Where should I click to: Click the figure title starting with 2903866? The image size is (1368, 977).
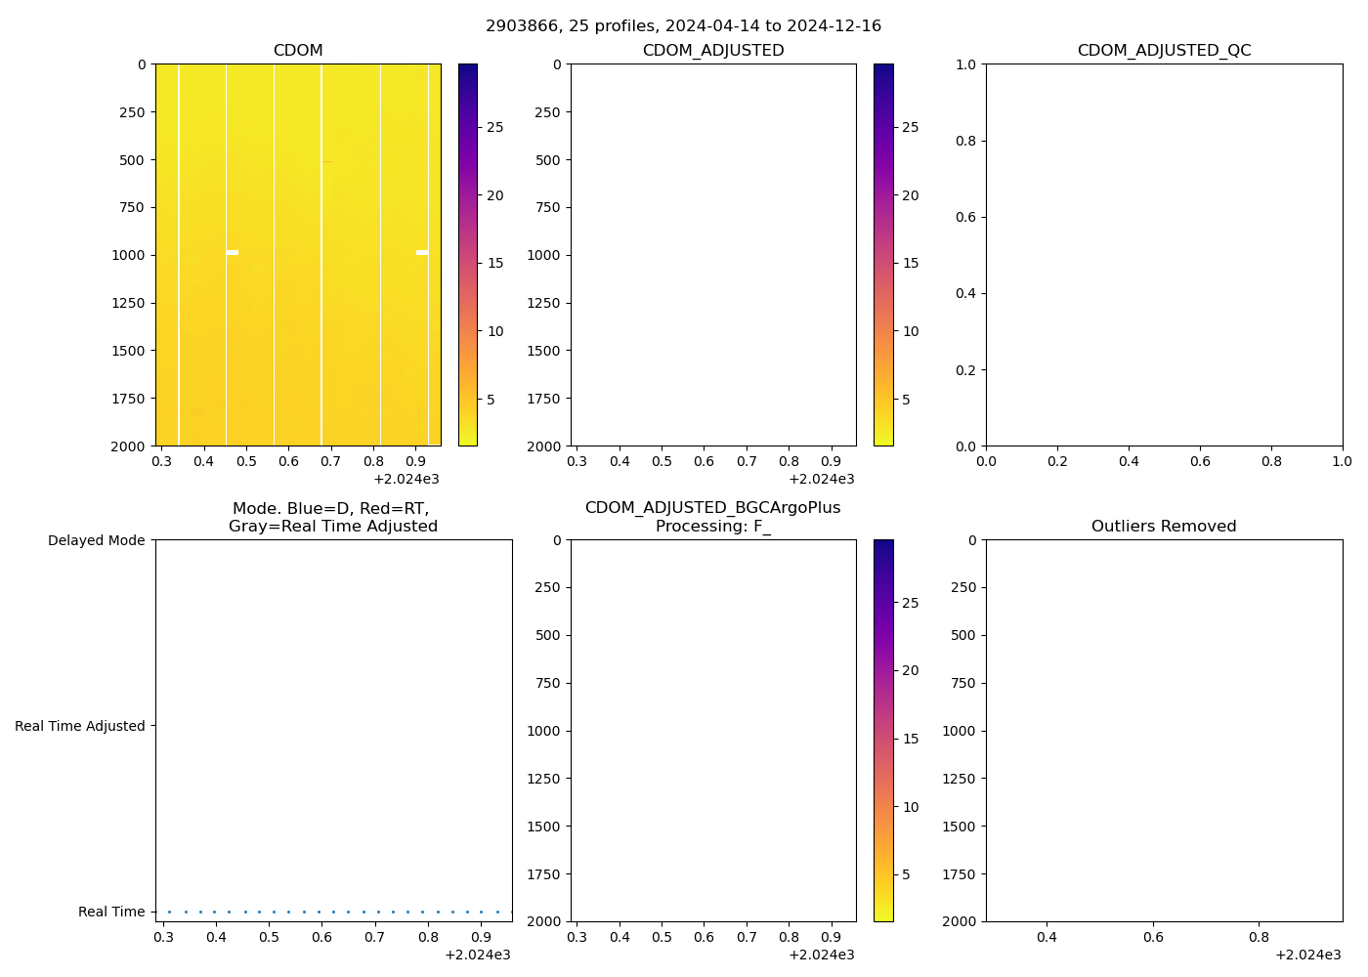[683, 25]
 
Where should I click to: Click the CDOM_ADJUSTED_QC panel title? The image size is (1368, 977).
[1164, 51]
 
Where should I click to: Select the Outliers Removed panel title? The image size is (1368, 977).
[1164, 527]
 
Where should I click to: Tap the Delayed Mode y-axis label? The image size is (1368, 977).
[96, 540]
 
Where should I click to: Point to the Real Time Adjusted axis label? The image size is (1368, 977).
[80, 726]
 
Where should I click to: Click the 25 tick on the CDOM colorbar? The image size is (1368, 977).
[495, 127]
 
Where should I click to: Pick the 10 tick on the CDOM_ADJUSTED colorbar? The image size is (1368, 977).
[911, 331]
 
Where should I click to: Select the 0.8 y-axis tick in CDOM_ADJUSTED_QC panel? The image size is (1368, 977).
[965, 141]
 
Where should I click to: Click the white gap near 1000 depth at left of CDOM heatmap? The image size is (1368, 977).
[233, 253]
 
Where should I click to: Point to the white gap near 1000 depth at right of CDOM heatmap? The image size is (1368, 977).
[422, 253]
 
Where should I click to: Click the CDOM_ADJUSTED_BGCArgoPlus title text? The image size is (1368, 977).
[712, 508]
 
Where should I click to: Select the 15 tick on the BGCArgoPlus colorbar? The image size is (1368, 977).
[911, 739]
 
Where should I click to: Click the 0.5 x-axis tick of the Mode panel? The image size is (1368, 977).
[269, 938]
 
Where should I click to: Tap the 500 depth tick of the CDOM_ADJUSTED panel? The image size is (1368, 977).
[548, 160]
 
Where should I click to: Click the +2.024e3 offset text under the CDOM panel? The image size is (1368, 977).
[406, 479]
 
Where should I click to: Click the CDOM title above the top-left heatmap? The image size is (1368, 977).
[298, 51]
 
